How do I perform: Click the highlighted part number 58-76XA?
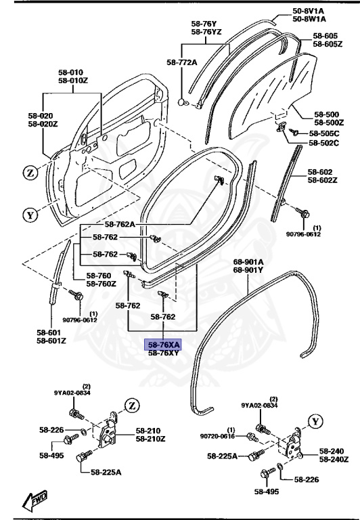point(164,344)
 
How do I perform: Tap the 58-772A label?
point(181,62)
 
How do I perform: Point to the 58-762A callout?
point(120,224)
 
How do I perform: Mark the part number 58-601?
point(51,332)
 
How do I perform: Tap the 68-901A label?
point(248,262)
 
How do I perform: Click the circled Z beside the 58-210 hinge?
point(131,406)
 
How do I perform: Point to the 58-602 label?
point(327,172)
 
